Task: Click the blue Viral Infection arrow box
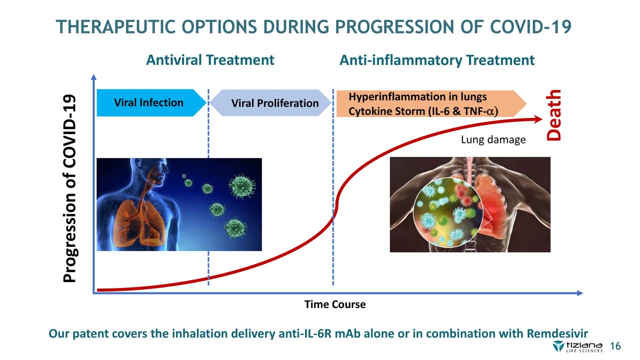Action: pos(151,103)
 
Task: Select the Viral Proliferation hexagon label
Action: pos(270,103)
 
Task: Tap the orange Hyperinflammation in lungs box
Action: pos(431,103)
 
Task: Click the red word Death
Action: pos(553,115)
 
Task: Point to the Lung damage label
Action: pos(493,139)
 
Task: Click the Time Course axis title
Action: pos(335,304)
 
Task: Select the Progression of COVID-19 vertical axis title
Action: pos(69,188)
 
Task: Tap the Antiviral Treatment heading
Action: pos(210,60)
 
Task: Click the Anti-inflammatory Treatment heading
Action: pos(437,60)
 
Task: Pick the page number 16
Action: pos(615,346)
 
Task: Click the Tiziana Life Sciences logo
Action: pos(577,346)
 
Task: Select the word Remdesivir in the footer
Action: pos(557,333)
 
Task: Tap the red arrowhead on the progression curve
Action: pos(537,119)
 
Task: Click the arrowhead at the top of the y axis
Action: pos(93,77)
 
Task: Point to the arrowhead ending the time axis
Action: pos(579,293)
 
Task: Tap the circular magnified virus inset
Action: pos(448,212)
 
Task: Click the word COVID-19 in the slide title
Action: pos(530,27)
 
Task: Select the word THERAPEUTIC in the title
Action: pos(115,27)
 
